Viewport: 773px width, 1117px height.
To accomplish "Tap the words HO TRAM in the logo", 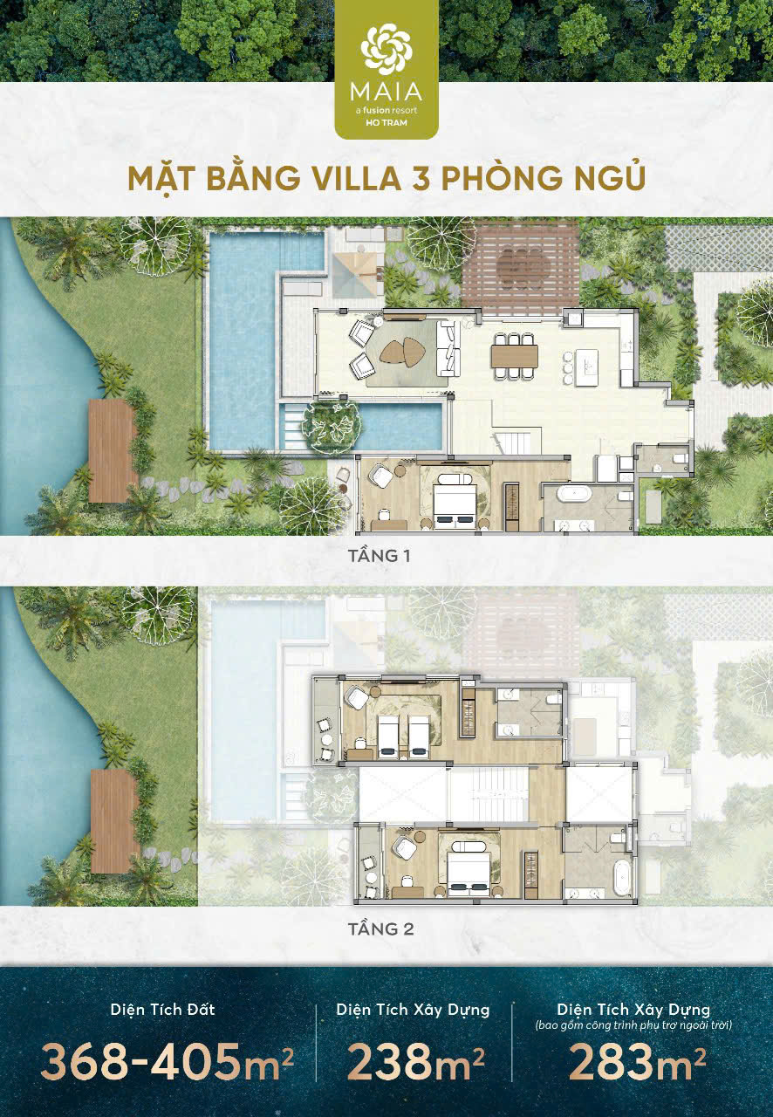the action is (x=386, y=123).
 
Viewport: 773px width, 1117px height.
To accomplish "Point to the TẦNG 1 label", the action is (x=379, y=556).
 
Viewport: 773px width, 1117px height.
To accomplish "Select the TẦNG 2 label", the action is (x=380, y=929).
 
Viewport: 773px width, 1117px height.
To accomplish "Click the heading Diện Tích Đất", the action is (x=162, y=1010).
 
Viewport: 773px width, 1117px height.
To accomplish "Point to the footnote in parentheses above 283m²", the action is (x=634, y=1025).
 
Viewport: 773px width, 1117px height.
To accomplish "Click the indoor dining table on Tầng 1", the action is (x=515, y=356).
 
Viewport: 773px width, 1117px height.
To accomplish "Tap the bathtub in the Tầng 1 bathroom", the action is (x=574, y=493).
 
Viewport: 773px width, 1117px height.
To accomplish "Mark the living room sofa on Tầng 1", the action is (x=448, y=348).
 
